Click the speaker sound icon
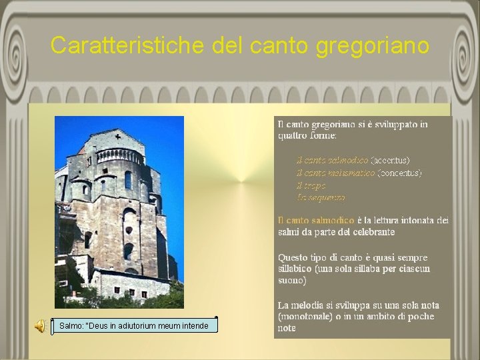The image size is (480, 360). (x=40, y=326)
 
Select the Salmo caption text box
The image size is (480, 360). (x=137, y=326)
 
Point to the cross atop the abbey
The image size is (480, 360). (x=117, y=137)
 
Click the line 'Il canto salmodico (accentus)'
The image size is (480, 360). (x=353, y=160)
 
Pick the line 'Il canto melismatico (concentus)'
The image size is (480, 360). (x=359, y=173)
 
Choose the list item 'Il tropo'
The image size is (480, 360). (x=311, y=185)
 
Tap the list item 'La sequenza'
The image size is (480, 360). (x=321, y=197)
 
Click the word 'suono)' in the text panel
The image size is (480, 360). (x=292, y=281)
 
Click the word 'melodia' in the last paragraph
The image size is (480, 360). (x=310, y=305)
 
